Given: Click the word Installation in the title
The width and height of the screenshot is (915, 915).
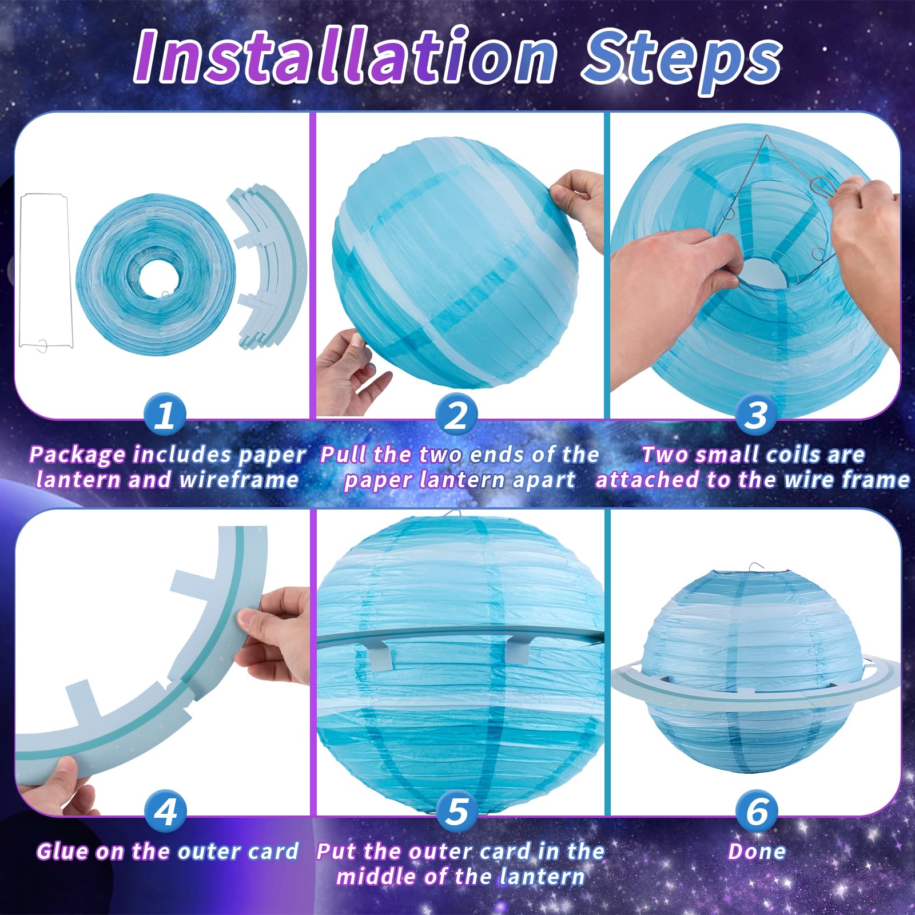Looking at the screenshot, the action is click(x=345, y=56).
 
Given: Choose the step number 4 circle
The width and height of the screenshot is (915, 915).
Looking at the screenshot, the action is click(x=165, y=810).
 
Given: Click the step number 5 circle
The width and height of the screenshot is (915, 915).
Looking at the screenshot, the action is click(x=457, y=810).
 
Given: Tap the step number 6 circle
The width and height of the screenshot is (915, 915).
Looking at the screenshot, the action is click(x=757, y=810).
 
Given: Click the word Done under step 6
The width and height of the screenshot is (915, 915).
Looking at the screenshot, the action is click(x=757, y=851).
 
